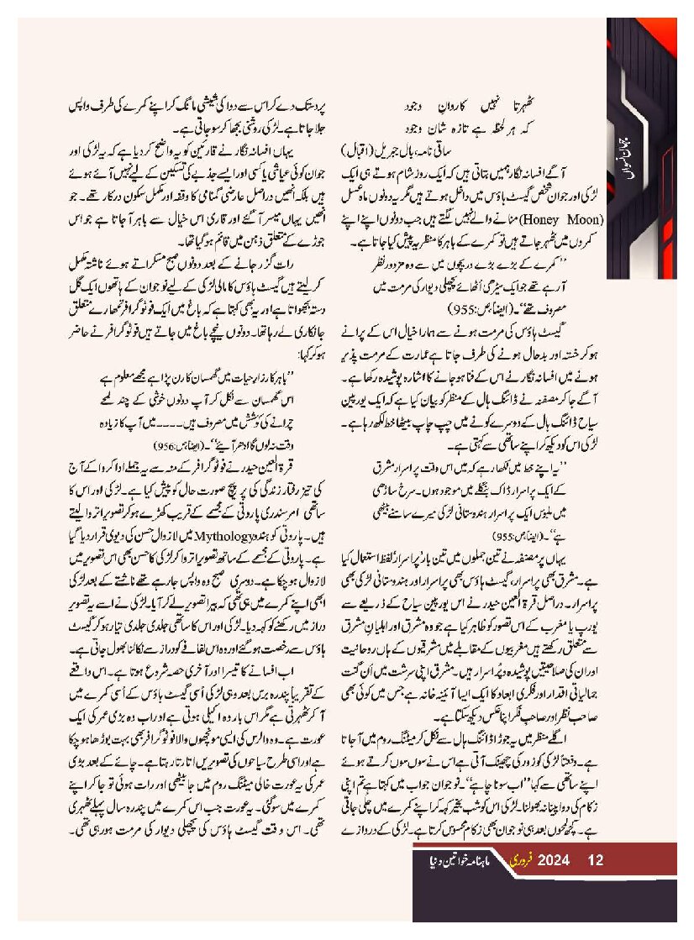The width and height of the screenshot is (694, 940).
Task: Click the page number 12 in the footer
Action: pyautogui.click(x=597, y=860)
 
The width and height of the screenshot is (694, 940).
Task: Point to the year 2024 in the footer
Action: pyautogui.click(x=555, y=860)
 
